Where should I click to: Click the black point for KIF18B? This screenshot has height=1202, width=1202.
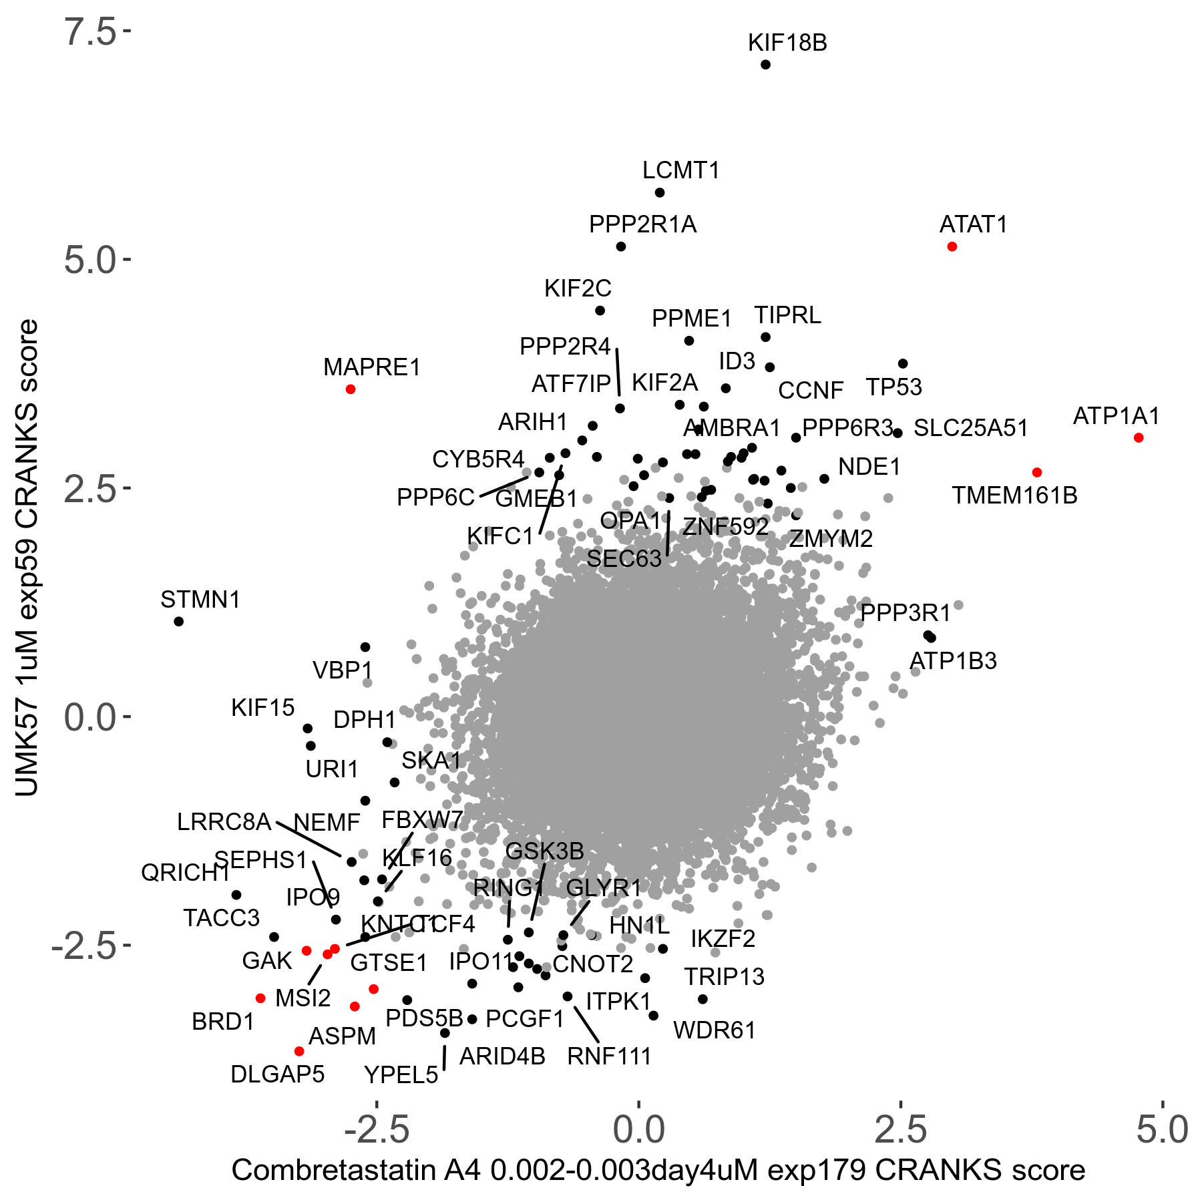pyautogui.click(x=765, y=65)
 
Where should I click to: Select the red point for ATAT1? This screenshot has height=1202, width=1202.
pyautogui.click(x=952, y=247)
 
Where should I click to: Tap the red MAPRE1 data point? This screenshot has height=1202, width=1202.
pyautogui.click(x=351, y=389)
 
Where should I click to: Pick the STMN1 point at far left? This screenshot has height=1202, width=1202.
pyautogui.click(x=179, y=622)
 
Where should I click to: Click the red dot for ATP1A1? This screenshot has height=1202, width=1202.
pyautogui.click(x=1139, y=438)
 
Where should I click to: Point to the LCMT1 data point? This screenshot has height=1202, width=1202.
pyautogui.click(x=660, y=193)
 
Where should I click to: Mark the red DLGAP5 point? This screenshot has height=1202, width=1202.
pyautogui.click(x=299, y=1052)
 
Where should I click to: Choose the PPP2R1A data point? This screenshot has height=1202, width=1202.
pyautogui.click(x=621, y=247)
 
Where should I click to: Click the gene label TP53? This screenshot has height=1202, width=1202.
pyautogui.click(x=893, y=387)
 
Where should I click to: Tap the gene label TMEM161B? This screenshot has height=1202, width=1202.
pyautogui.click(x=1014, y=495)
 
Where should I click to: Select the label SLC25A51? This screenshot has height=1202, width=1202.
pyautogui.click(x=970, y=428)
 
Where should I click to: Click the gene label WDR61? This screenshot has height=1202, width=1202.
pyautogui.click(x=714, y=1031)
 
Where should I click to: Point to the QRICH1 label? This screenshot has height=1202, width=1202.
pyautogui.click(x=185, y=873)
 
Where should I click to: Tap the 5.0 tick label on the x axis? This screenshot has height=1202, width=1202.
pyautogui.click(x=1162, y=1130)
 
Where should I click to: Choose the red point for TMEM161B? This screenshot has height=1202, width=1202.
pyautogui.click(x=1037, y=473)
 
